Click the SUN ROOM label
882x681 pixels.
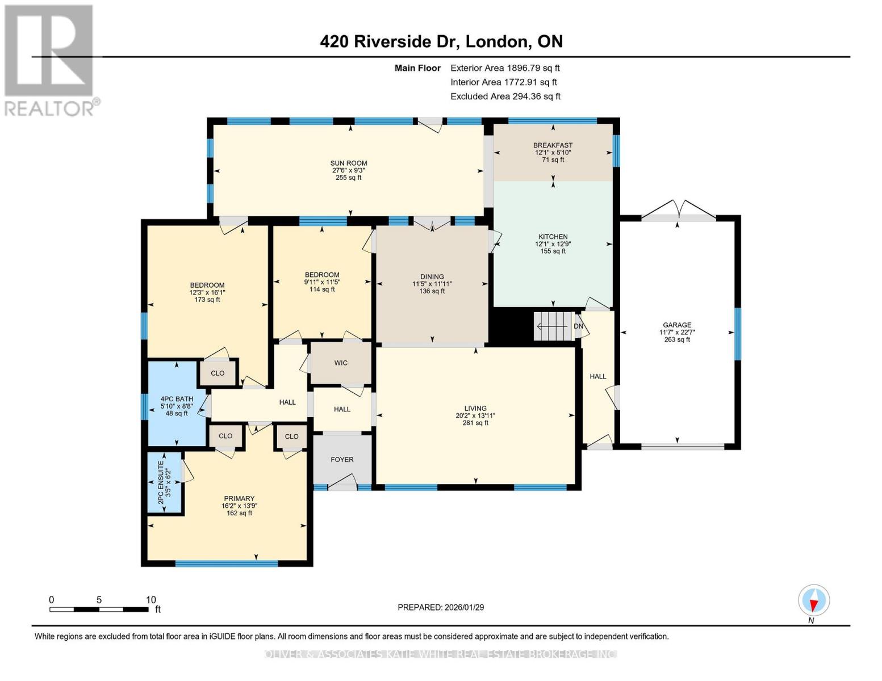[349, 163]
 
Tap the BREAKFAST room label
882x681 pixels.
[553, 145]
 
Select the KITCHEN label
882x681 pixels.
[553, 237]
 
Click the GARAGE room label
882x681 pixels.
[677, 325]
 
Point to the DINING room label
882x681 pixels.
[432, 277]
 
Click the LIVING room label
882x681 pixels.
[475, 408]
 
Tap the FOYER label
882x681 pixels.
[342, 460]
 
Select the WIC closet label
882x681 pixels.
[341, 363]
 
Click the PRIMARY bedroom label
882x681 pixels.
[239, 499]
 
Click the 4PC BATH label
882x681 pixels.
[177, 399]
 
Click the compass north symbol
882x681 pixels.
[814, 601]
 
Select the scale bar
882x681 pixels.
[99, 609]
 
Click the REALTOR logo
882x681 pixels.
[50, 60]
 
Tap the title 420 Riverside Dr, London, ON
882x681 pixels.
[441, 41]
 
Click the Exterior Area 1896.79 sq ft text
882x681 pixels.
[505, 68]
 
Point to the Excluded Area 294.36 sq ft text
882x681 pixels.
[505, 96]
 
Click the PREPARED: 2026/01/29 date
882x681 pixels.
[441, 607]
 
